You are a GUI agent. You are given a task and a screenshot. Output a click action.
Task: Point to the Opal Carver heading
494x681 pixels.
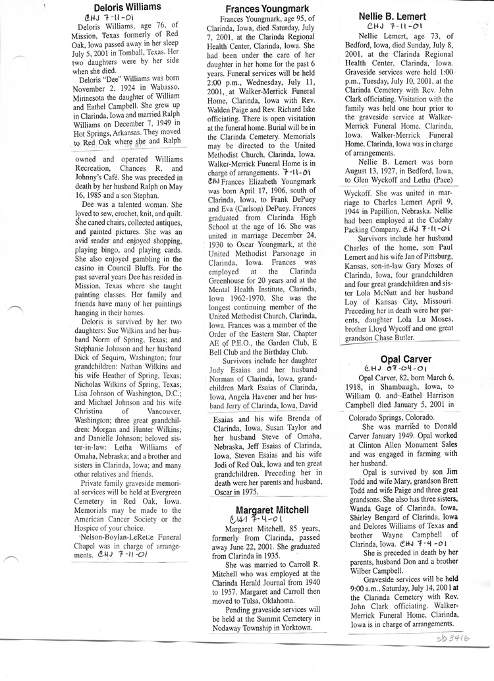coord(400,359)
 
